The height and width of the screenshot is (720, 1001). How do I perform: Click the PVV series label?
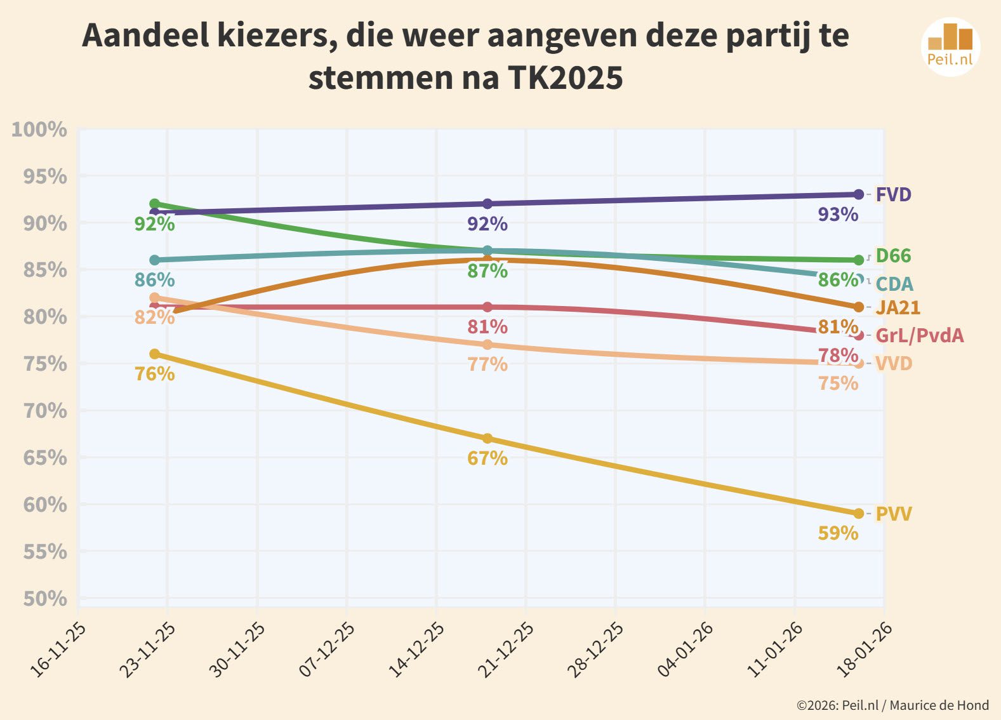pos(893,513)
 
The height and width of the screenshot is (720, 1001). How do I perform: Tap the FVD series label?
pos(893,194)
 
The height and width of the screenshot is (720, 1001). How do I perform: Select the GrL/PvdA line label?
pos(919,335)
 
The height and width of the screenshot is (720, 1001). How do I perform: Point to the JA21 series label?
pos(898,307)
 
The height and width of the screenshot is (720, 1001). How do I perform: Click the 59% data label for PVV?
pos(838,533)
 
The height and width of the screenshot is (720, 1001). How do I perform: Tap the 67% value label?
pos(487,458)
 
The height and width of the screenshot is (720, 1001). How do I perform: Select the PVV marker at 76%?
pos(154,354)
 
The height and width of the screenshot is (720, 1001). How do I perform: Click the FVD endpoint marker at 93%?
pos(858,194)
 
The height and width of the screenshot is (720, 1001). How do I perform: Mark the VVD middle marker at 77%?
pos(487,345)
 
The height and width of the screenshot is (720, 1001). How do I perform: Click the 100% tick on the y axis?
pos(39,130)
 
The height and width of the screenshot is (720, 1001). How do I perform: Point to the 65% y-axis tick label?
pos(44,457)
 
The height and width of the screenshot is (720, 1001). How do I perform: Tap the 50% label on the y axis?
pos(44,598)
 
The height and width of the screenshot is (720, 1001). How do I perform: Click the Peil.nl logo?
pos(950,47)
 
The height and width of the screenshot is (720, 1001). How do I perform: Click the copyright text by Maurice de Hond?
pos(892,705)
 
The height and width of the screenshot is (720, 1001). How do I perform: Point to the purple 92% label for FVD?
pos(487,223)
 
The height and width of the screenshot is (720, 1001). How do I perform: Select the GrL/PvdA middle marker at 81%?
pos(487,307)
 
